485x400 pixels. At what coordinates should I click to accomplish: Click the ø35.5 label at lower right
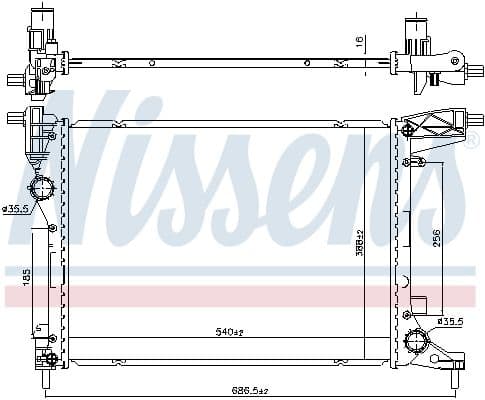pos(451,321)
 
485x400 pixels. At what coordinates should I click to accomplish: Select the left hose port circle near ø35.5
pos(43,190)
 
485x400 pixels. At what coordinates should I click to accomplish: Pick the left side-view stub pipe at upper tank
pos(14,119)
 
